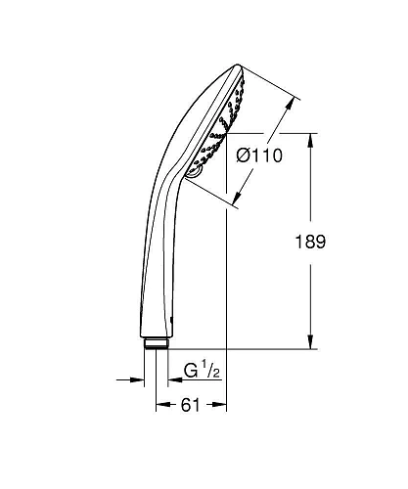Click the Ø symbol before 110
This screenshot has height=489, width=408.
pyautogui.click(x=243, y=154)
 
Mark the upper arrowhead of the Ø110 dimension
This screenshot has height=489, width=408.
pyautogui.click(x=292, y=97)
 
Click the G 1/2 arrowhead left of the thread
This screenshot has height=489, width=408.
pyautogui.click(x=137, y=379)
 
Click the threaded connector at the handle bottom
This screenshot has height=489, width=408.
pyautogui.click(x=156, y=343)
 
